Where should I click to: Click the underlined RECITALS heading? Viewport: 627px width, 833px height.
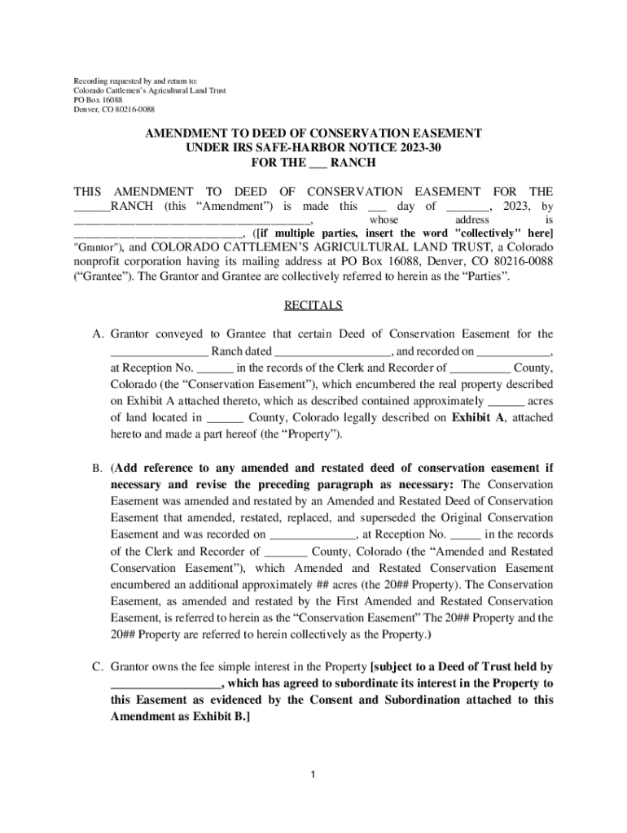tap(313, 306)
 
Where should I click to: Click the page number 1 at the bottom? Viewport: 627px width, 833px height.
tap(313, 773)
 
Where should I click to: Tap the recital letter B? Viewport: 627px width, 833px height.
tap(98, 469)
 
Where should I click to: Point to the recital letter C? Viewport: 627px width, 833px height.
tap(98, 668)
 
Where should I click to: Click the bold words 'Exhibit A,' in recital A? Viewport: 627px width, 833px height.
tap(479, 418)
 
